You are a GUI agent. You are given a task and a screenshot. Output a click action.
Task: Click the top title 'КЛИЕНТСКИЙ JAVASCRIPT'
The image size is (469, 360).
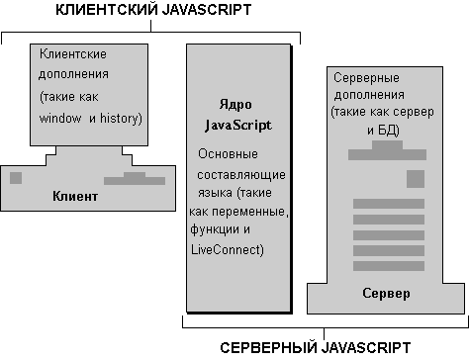153,9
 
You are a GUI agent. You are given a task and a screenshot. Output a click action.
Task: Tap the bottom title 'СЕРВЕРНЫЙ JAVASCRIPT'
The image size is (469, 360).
316,347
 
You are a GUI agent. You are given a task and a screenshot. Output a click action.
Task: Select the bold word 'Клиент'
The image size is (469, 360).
75,196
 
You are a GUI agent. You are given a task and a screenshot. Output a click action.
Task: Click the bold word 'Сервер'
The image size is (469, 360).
386,293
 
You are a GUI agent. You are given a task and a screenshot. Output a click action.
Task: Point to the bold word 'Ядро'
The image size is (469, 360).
235,105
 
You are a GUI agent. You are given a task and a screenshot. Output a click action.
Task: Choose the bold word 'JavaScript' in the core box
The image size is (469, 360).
238,126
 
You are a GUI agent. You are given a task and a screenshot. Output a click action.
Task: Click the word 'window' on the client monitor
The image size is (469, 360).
60,118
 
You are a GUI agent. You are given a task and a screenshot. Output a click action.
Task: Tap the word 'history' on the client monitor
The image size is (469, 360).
120,118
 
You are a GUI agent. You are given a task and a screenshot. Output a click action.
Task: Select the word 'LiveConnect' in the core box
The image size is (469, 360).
227,249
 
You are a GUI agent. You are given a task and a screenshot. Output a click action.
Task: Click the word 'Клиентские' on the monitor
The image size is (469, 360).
73,53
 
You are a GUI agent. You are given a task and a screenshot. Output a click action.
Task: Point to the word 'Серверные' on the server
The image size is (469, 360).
366,78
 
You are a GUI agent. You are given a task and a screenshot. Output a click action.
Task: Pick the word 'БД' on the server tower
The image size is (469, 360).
387,131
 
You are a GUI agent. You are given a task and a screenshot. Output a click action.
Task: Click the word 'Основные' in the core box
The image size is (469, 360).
228,154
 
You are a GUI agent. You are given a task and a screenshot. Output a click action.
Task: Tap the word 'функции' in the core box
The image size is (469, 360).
215,229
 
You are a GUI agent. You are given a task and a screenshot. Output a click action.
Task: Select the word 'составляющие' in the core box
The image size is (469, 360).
241,175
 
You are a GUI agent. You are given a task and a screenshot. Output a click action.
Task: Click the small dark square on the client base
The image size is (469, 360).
16,178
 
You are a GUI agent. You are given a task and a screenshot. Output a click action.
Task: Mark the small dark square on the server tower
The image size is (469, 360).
416,179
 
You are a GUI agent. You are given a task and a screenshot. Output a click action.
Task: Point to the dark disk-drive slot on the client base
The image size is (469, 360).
135,179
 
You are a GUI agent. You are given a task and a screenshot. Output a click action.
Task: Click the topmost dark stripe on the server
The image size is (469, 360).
389,204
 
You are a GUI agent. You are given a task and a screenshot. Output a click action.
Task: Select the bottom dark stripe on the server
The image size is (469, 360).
389,266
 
